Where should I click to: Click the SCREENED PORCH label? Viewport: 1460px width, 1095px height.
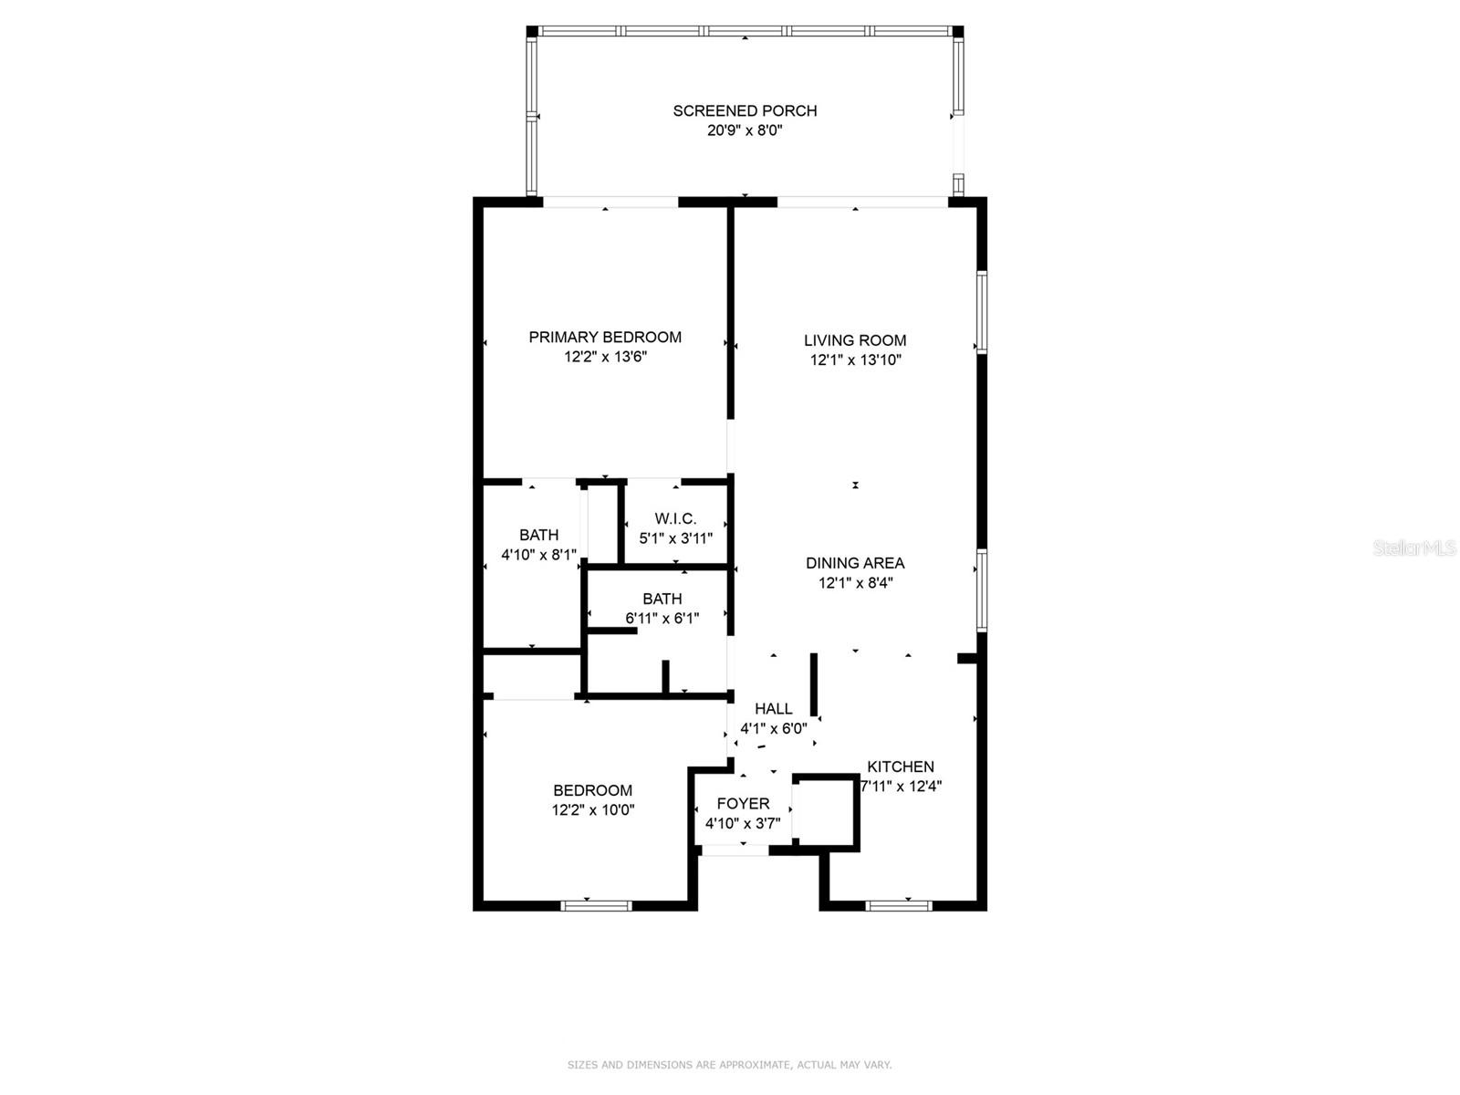pos(745,110)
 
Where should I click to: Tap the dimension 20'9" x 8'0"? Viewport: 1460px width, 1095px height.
pos(745,130)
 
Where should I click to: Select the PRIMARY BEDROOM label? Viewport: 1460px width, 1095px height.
pos(605,337)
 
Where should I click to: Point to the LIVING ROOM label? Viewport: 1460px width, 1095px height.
pos(855,340)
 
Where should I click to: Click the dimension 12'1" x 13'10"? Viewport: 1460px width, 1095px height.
pos(855,360)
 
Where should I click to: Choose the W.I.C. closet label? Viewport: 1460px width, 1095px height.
pos(675,518)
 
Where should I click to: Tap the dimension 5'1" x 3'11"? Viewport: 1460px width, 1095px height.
pos(675,538)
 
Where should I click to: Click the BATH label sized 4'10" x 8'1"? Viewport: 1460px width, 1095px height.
pos(538,535)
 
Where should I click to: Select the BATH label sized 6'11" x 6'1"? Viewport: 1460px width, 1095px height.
pos(662,599)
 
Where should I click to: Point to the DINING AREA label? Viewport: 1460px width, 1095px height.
pos(855,563)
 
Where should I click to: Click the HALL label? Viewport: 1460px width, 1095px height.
pos(773,708)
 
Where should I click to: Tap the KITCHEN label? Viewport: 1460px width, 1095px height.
pos(900,766)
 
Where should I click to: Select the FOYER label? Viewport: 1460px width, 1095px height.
pos(743,803)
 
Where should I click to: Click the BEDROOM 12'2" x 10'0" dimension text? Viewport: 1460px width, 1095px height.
pos(592,810)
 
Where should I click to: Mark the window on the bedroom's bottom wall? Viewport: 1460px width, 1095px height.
pos(596,905)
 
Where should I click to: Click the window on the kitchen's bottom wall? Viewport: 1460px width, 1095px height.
pos(898,905)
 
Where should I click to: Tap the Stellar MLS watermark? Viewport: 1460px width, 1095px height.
pos(1414,547)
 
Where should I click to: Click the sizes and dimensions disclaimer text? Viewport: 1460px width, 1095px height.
pos(729,1065)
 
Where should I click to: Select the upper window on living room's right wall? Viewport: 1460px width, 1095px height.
pos(982,311)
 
